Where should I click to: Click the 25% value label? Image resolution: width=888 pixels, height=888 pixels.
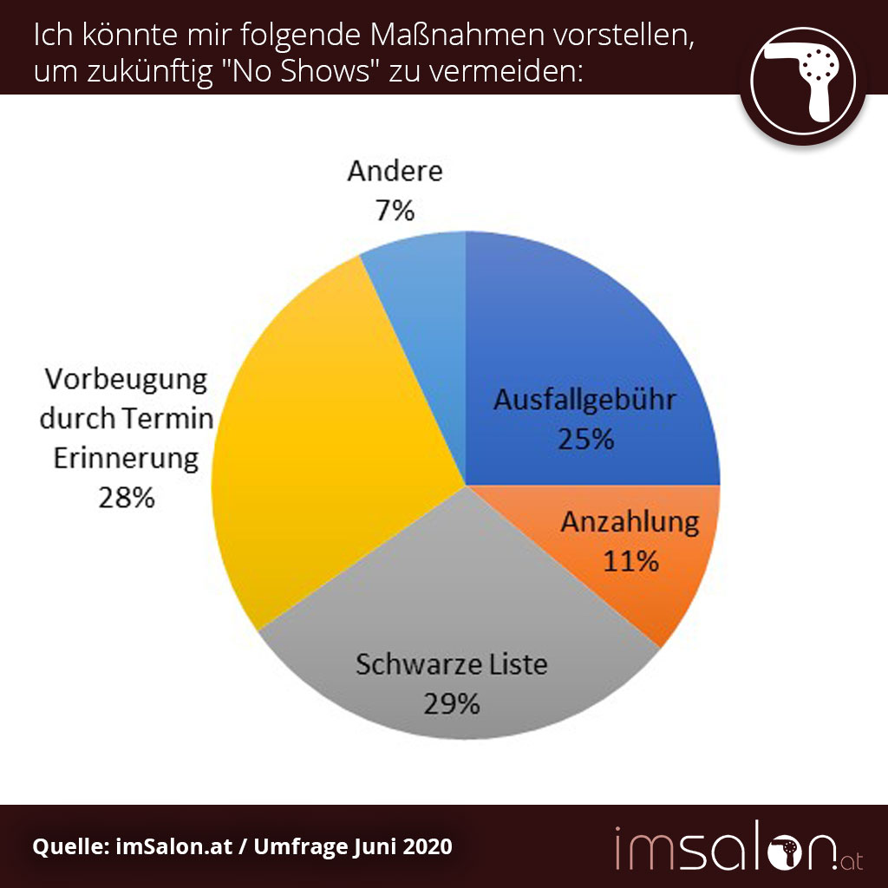(x=585, y=439)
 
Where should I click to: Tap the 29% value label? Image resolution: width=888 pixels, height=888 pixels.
(x=452, y=703)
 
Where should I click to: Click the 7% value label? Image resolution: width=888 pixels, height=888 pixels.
(x=395, y=210)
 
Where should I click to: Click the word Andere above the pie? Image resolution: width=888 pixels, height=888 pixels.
(x=395, y=171)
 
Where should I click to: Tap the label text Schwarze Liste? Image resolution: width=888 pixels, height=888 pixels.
(x=452, y=665)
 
